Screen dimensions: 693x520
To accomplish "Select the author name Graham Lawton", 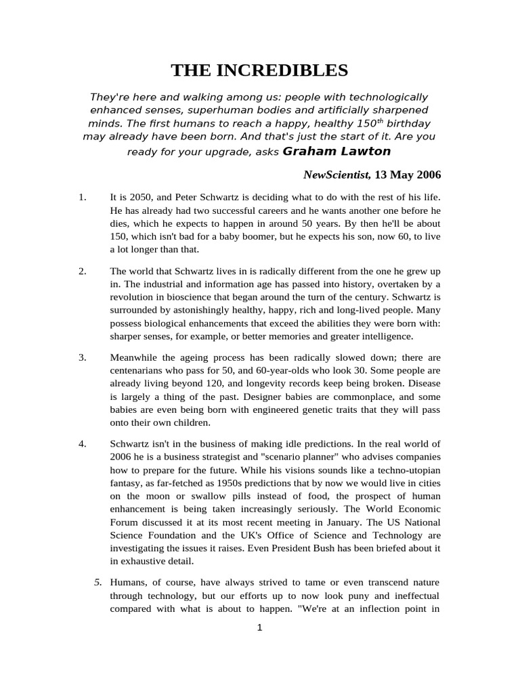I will pos(337,151).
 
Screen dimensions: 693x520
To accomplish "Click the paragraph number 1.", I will pos(82,198).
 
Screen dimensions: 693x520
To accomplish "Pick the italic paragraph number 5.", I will pos(97,582).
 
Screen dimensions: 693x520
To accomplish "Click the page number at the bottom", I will pos(259,628).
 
